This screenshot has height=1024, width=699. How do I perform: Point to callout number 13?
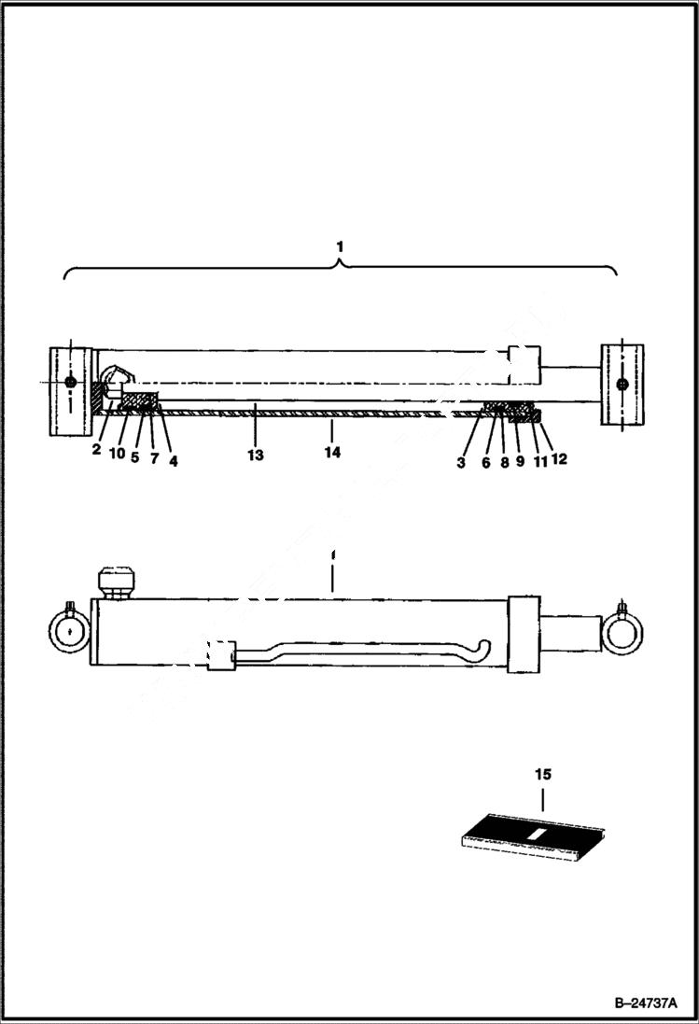click(255, 455)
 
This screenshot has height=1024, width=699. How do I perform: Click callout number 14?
click(332, 452)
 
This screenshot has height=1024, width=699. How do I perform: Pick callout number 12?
click(559, 458)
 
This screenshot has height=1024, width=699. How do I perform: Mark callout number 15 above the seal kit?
click(543, 774)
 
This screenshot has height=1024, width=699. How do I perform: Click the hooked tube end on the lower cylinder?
click(482, 644)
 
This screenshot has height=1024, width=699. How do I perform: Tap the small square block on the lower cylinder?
click(220, 655)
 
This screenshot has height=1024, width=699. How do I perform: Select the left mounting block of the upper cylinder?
click(71, 387)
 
